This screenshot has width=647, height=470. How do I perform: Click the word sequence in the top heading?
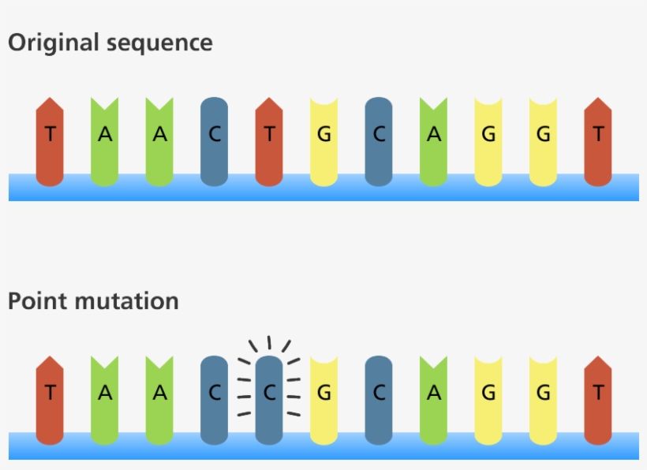click(x=167, y=43)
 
